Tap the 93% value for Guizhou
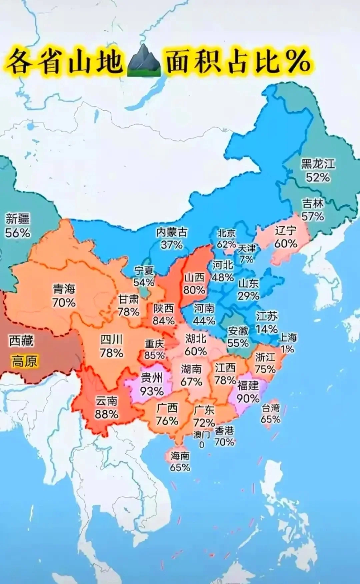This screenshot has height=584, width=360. point(152,391)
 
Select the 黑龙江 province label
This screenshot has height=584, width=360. point(318,164)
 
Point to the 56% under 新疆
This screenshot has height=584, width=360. point(17,232)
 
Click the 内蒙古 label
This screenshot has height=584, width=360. point(172,232)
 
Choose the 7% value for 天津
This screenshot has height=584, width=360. point(246,259)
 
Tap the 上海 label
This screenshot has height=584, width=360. point(287,337)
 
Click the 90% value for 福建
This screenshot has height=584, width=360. point(248,398)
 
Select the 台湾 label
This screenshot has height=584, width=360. point(270,408)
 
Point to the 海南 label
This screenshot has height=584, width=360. point(180,456)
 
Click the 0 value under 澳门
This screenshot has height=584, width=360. point(201,445)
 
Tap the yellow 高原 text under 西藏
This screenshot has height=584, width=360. point(24,361)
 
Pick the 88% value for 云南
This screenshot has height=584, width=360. point(106,414)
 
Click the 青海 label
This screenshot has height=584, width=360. point(64,289)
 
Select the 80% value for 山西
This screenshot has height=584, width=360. point(194,290)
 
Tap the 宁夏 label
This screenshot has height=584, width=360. point(144,270)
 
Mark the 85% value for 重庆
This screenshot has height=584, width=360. point(154,355)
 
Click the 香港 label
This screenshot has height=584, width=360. point(224,431)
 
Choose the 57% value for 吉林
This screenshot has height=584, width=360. point(313,216)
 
